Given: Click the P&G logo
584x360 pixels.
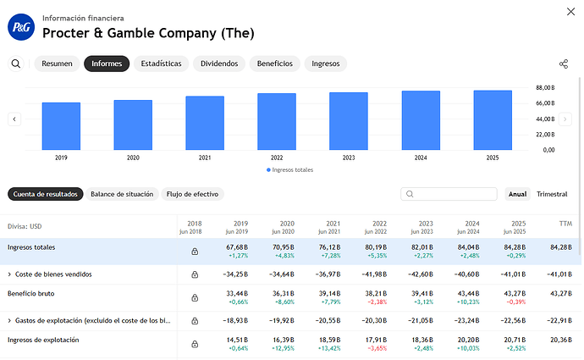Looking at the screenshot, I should pos(20,28).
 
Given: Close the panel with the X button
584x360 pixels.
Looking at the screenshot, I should pos(566,10).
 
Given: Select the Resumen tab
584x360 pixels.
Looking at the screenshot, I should pos(57,64).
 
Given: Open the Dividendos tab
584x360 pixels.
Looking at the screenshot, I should pos(218,64).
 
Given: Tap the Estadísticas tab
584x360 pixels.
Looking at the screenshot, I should pos(161,64).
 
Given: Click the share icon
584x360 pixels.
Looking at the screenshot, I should pos(564,64).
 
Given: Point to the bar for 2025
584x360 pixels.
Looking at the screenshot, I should pos(493,119).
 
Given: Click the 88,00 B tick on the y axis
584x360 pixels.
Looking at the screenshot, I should pos(544,87).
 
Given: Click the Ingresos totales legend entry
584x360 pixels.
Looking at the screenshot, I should pos(289,169).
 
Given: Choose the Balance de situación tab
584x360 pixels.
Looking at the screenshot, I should pos(122,194).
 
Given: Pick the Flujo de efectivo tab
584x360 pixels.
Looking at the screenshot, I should pos(192,194).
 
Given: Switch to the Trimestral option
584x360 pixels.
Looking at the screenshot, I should pos(552,194).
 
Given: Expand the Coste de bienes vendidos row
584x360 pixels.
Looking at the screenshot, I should pos(9,274).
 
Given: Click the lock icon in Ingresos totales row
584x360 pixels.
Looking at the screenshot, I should pos(195,252).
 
